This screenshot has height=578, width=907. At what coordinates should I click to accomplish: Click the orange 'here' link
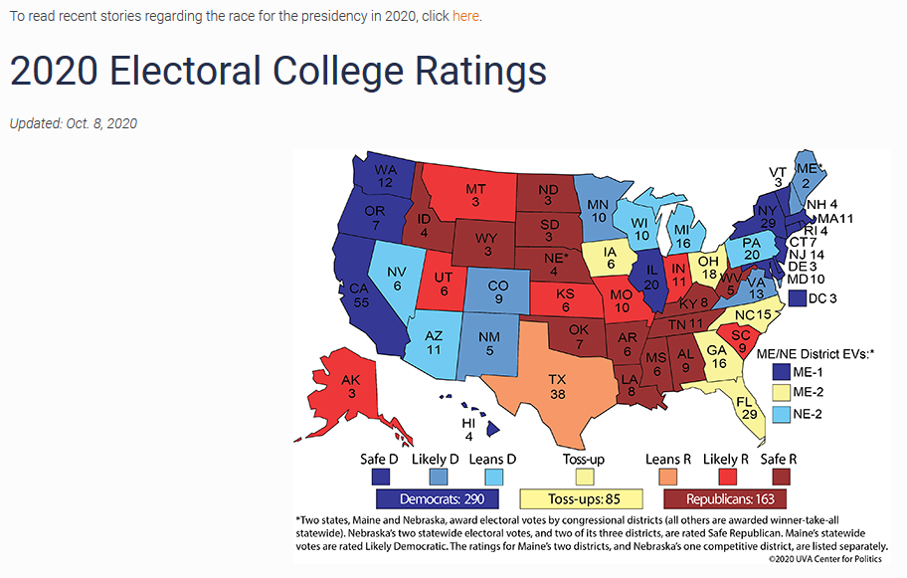coord(466,17)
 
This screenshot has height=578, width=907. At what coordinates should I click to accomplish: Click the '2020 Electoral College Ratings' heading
coord(278,72)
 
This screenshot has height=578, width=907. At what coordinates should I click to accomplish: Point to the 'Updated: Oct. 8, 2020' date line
coord(74,123)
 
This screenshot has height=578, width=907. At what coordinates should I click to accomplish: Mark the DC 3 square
coord(796,297)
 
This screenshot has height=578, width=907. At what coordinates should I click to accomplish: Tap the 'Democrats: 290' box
coord(443,496)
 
